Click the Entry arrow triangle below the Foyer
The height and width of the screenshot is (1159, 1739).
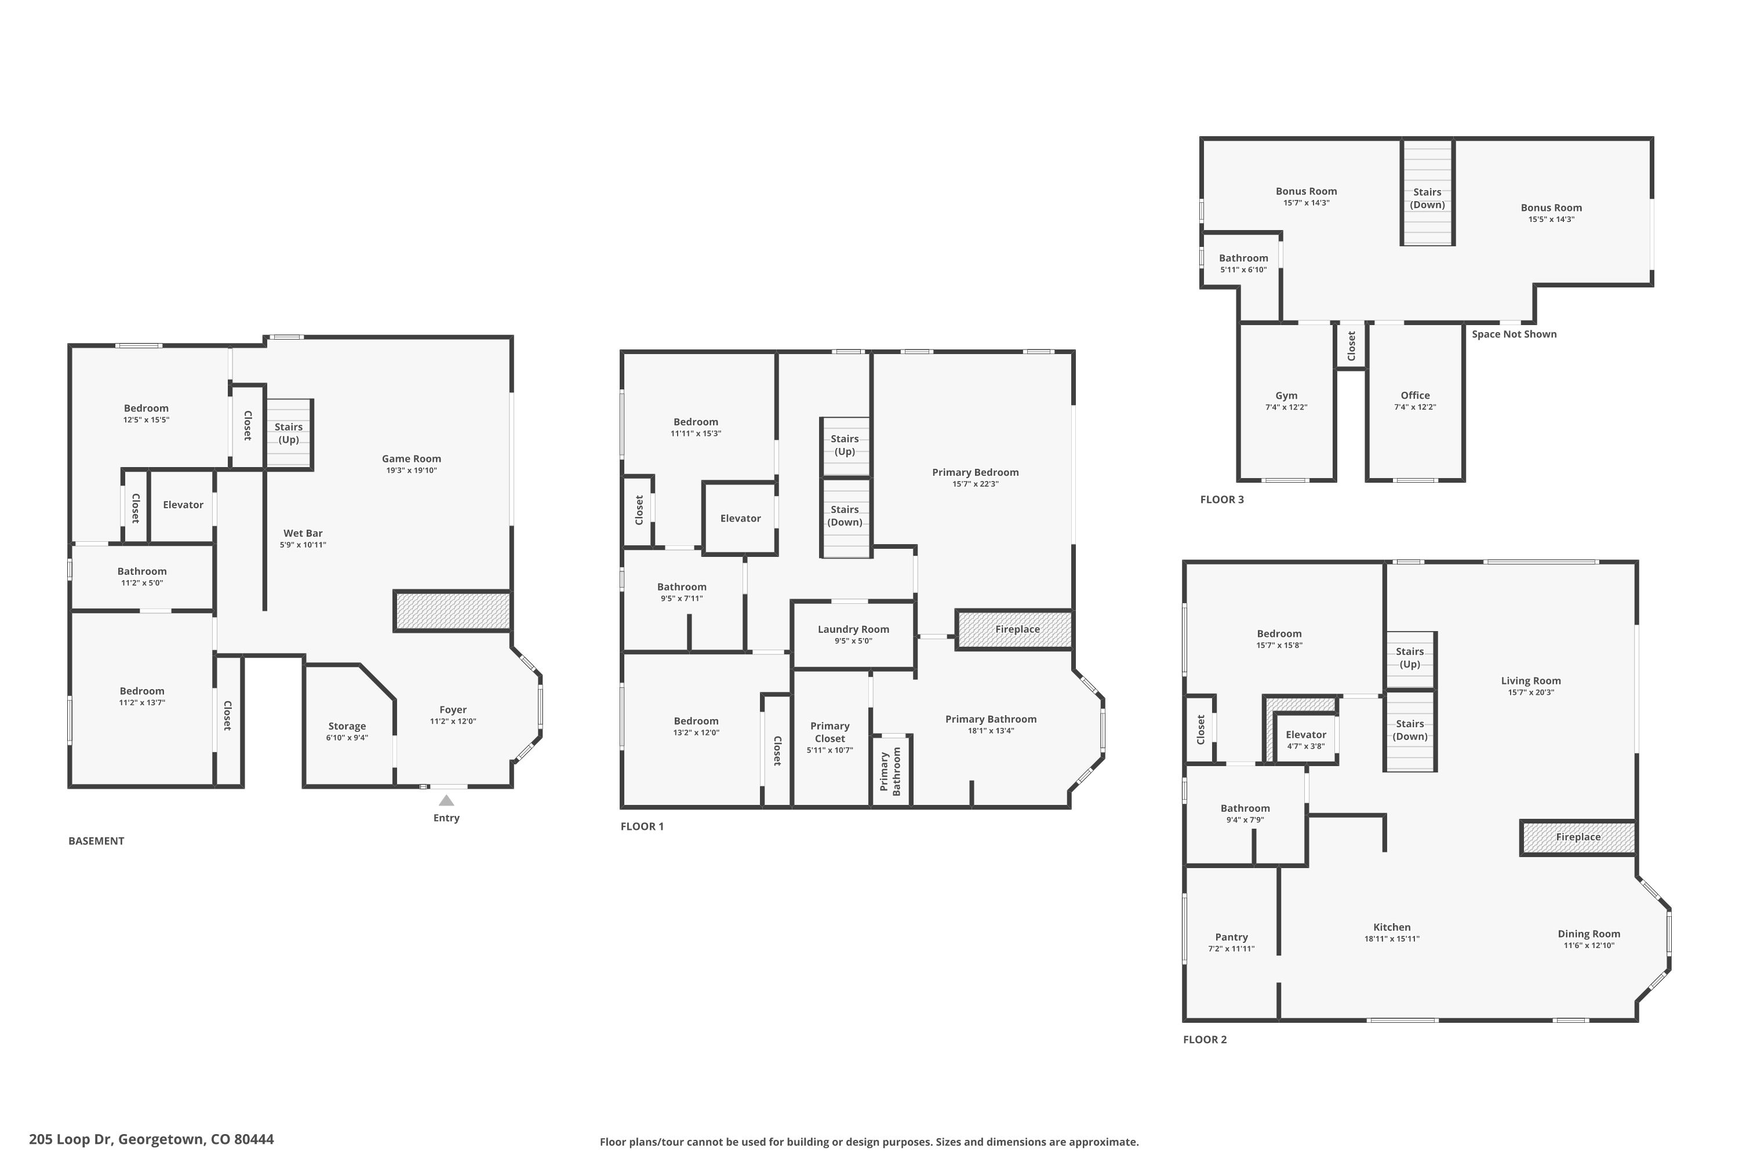pyautogui.click(x=446, y=800)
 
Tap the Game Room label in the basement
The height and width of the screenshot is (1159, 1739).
pyautogui.click(x=411, y=458)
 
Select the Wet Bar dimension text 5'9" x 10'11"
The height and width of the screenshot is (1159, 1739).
pyautogui.click(x=303, y=545)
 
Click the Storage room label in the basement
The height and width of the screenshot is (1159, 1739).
pyautogui.click(x=347, y=726)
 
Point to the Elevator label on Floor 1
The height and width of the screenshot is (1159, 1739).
pyautogui.click(x=740, y=518)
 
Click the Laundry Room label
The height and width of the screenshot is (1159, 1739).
pyautogui.click(x=853, y=629)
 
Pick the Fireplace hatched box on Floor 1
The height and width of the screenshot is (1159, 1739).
pyautogui.click(x=1014, y=629)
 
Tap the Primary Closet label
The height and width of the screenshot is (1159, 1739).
pyautogui.click(x=830, y=732)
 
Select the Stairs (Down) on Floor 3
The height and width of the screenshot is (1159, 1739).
pyautogui.click(x=1427, y=198)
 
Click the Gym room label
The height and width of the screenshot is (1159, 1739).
pyautogui.click(x=1286, y=395)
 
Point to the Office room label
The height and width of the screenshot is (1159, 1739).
pyautogui.click(x=1414, y=395)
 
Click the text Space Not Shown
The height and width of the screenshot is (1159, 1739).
pyautogui.click(x=1514, y=334)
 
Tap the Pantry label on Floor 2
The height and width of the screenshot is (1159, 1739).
pyautogui.click(x=1231, y=936)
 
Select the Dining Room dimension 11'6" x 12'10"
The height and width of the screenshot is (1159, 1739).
pyautogui.click(x=1588, y=945)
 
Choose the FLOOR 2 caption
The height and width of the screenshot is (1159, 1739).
pyautogui.click(x=1205, y=1039)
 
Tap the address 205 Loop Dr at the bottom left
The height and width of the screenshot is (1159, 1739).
pyautogui.click(x=151, y=1139)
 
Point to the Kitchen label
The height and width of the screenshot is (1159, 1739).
pyautogui.click(x=1392, y=927)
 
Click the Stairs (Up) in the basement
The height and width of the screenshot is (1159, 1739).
pyautogui.click(x=288, y=433)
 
